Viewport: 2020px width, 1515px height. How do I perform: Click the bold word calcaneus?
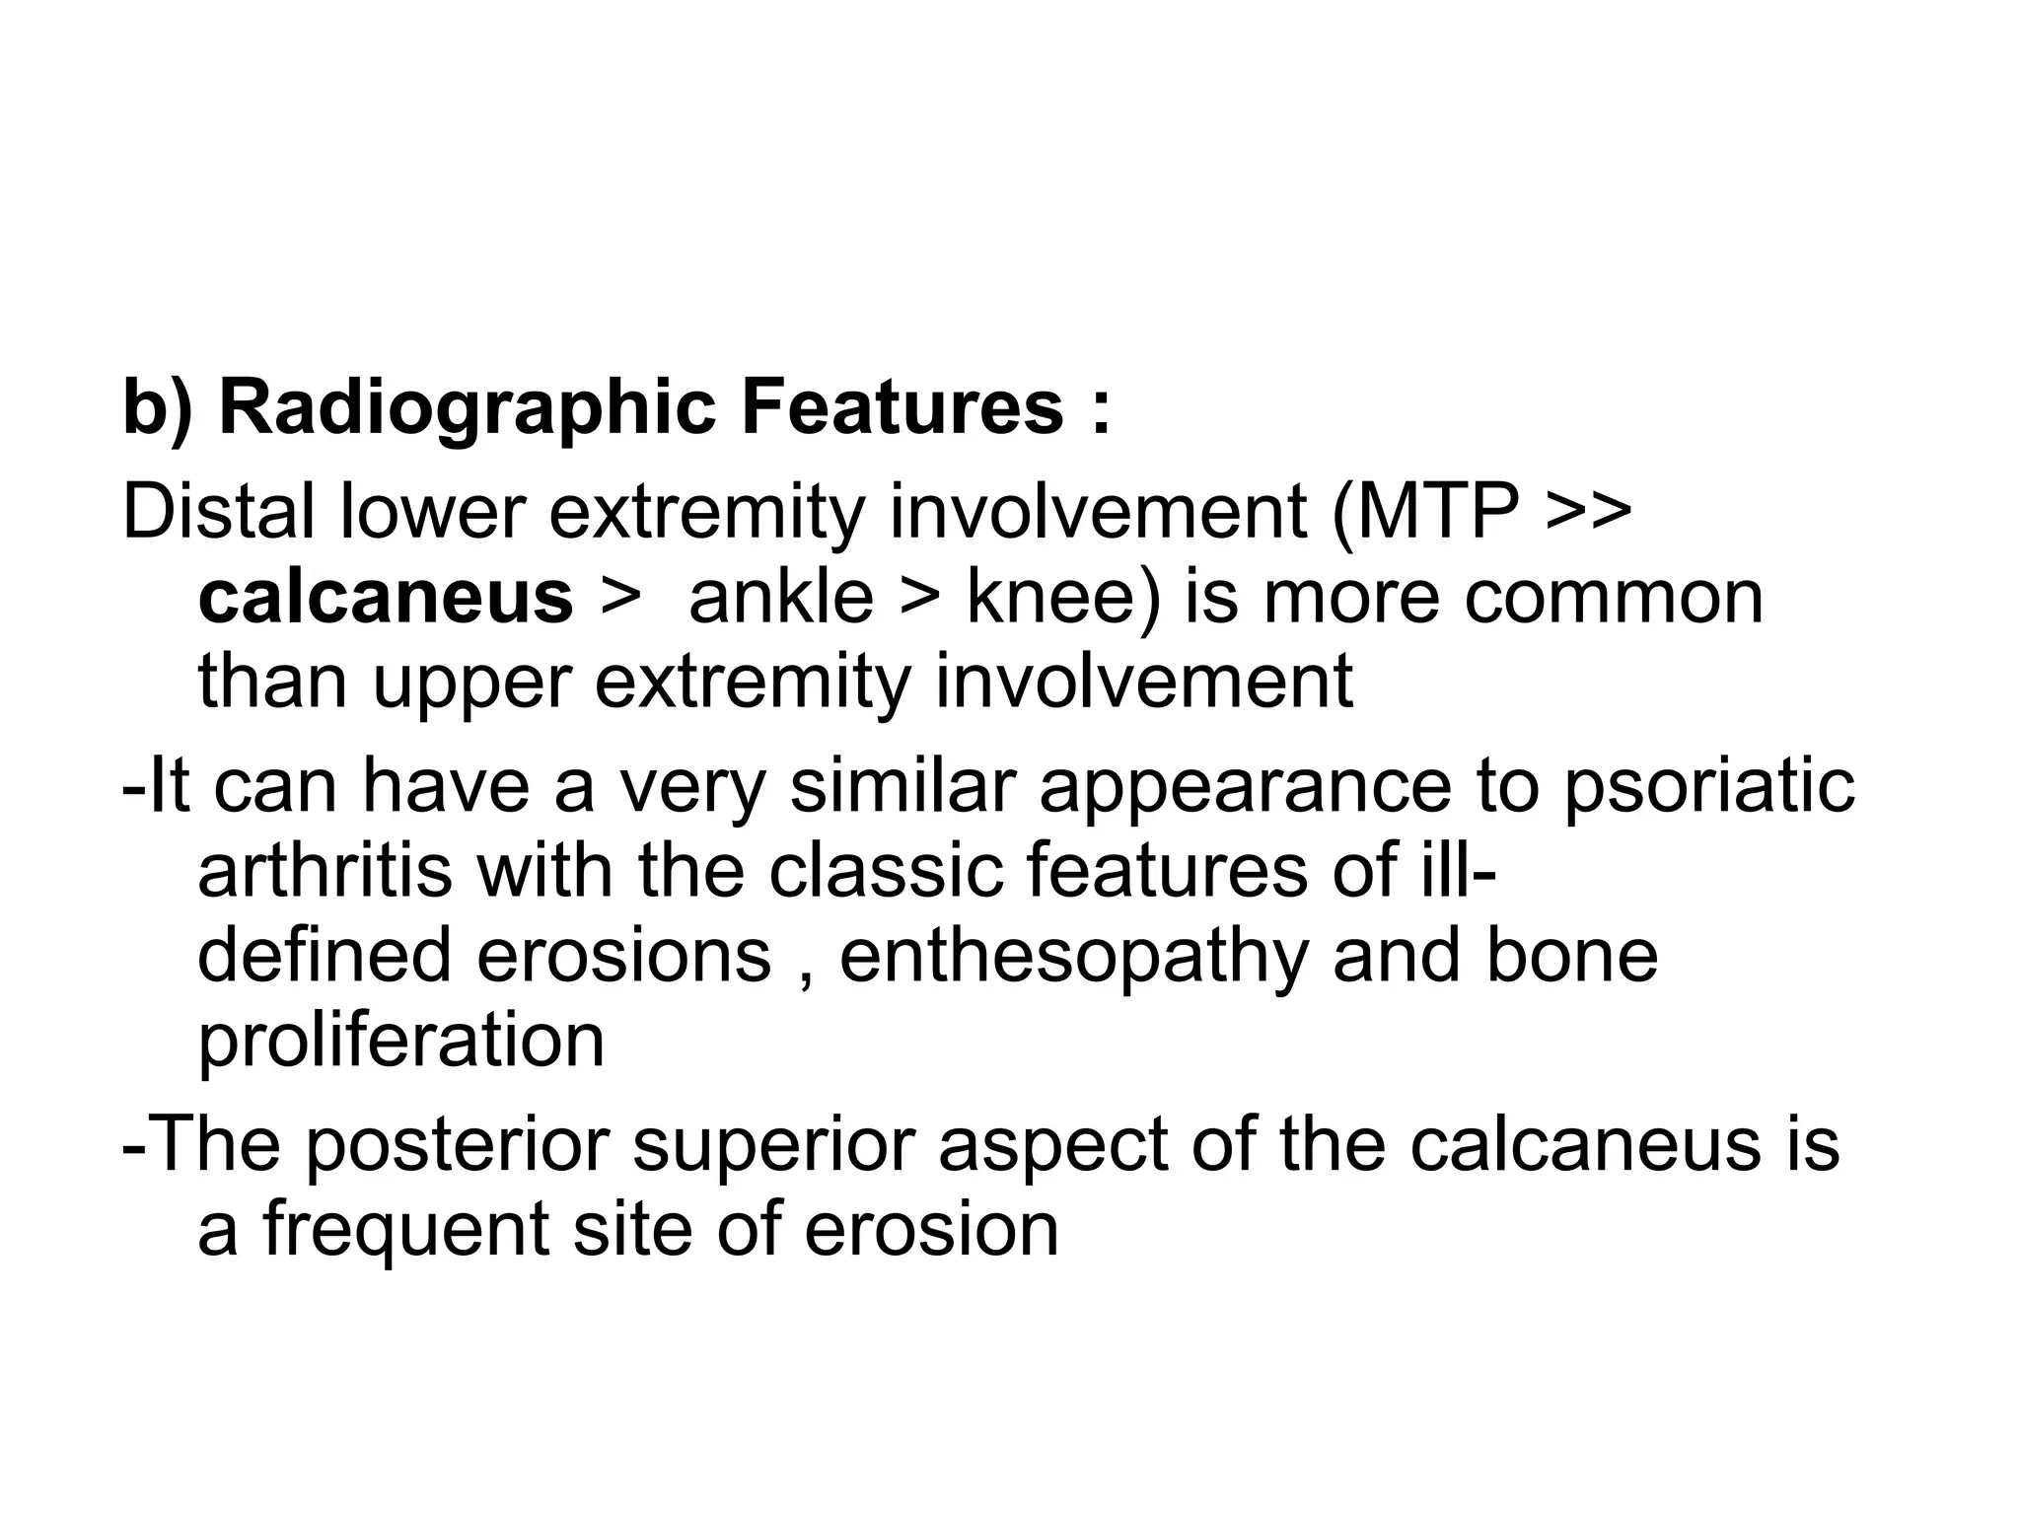tap(386, 599)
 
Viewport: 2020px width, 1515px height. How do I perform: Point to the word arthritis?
tap(325, 871)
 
